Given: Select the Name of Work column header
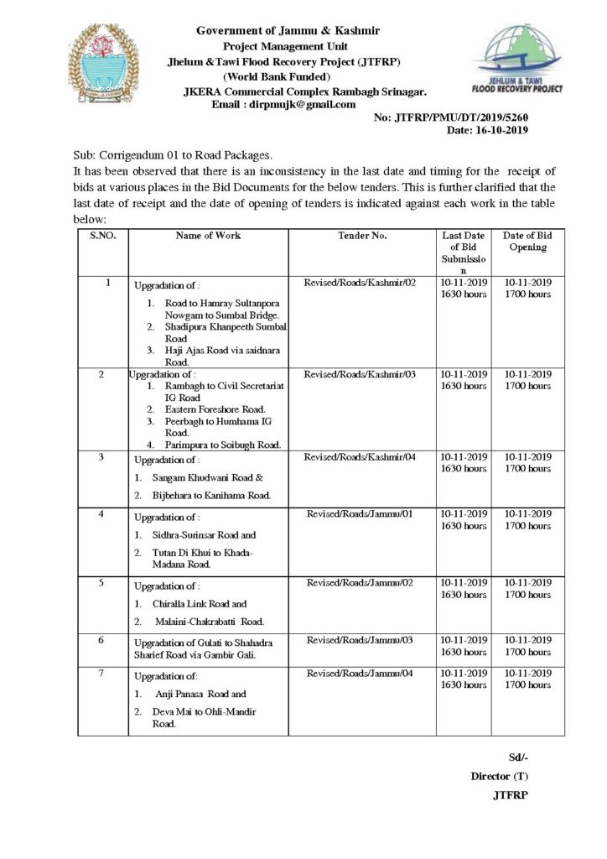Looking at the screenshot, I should (x=208, y=236).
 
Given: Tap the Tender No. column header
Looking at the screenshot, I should (x=362, y=236).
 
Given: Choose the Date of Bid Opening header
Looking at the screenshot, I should (x=527, y=242).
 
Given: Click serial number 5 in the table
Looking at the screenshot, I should (x=101, y=581).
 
